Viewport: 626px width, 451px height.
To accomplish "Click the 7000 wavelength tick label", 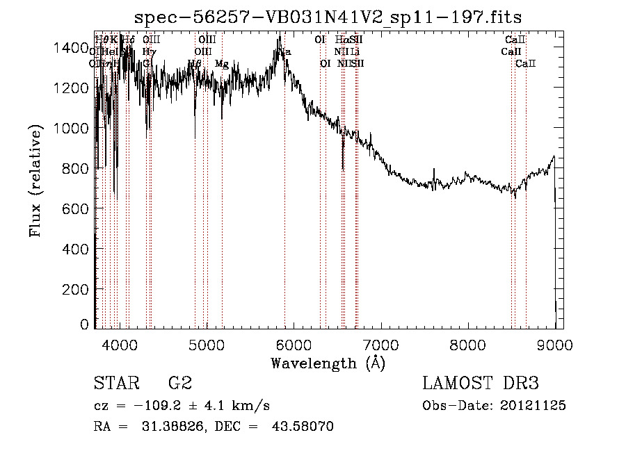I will (x=380, y=344).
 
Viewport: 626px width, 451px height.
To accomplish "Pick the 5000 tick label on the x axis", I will (x=207, y=344).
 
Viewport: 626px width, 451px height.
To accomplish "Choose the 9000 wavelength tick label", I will (x=554, y=344).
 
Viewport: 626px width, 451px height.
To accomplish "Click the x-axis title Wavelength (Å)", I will (x=328, y=363).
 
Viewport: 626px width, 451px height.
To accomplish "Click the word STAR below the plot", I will (x=115, y=384).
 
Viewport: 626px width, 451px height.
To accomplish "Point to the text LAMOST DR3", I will (x=481, y=384).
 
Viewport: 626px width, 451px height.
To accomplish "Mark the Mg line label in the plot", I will (x=221, y=64).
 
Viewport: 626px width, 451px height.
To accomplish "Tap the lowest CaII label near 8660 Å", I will (x=525, y=64).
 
